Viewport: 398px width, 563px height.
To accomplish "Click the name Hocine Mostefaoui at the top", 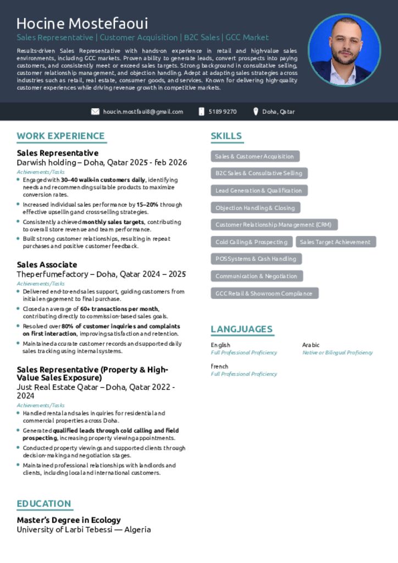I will pos(82,24).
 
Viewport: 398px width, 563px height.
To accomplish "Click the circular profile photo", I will pos(344,50).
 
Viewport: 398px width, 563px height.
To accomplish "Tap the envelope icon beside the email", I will pos(95,112).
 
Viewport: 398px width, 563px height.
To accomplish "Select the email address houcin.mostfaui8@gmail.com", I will pos(143,112).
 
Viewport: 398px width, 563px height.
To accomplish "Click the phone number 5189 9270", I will pos(223,112).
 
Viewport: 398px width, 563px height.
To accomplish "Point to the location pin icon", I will pos(256,112).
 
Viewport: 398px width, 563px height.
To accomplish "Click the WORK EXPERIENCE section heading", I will pos(60,136).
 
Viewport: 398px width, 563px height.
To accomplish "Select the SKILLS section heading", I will pos(226,136).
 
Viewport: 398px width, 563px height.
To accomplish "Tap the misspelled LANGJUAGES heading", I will pos(241,329).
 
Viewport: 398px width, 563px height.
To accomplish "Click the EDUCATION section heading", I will pos(44,504).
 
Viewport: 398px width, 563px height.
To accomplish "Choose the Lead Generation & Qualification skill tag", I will pos(258,191).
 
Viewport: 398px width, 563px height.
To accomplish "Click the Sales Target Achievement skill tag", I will pos(335,242).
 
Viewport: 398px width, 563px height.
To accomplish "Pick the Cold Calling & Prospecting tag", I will pos(251,242).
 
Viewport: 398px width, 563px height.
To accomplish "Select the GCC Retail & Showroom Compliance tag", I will pos(264,294).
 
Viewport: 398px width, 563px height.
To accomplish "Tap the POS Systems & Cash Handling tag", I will pos(256,259).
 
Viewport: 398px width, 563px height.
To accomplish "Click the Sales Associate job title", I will pos(47,264).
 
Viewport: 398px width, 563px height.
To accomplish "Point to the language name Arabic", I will pos(311,345).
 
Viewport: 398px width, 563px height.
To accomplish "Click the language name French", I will pos(219,366).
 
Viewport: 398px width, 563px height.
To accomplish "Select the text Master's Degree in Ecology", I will pos(69,520).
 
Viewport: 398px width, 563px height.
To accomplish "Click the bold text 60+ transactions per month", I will pos(119,309).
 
